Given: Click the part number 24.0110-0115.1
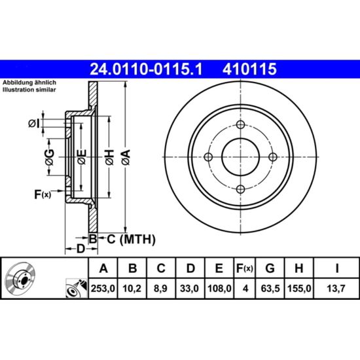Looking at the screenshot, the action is click(x=146, y=69).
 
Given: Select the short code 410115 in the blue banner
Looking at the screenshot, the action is click(x=249, y=69).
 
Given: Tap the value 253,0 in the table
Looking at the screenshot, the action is click(x=103, y=289).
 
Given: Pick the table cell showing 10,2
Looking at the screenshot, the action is click(x=132, y=289).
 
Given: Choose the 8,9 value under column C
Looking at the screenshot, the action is click(x=160, y=289).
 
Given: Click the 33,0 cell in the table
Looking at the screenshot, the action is click(x=189, y=289).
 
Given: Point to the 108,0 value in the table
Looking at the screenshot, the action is click(x=219, y=289).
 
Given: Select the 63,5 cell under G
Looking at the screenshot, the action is click(x=270, y=289).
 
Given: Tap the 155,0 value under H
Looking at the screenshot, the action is click(x=299, y=289).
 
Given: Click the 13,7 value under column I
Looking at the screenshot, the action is click(x=336, y=289).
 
